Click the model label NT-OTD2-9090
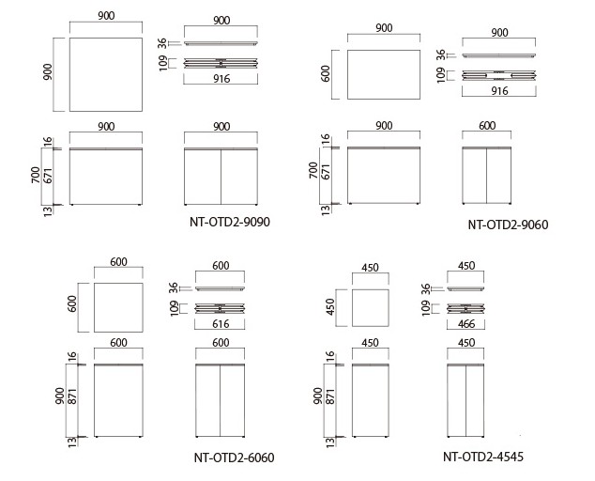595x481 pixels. pos(230,222)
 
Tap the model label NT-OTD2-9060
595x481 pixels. pos(508,225)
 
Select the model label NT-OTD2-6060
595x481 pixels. pos(234,458)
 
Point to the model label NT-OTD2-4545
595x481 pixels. pos(483,457)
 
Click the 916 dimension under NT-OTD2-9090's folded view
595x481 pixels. pos(221,79)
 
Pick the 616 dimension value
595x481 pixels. pos(221,324)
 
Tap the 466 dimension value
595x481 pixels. pos(466,324)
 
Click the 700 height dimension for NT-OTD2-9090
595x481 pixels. pos(36,175)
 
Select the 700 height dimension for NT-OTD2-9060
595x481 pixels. pos(313,171)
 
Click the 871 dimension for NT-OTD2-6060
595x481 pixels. pos(72,396)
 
